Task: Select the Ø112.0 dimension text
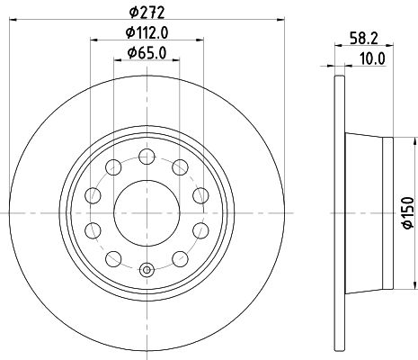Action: coord(147,34)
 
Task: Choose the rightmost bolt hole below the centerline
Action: coord(199,230)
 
